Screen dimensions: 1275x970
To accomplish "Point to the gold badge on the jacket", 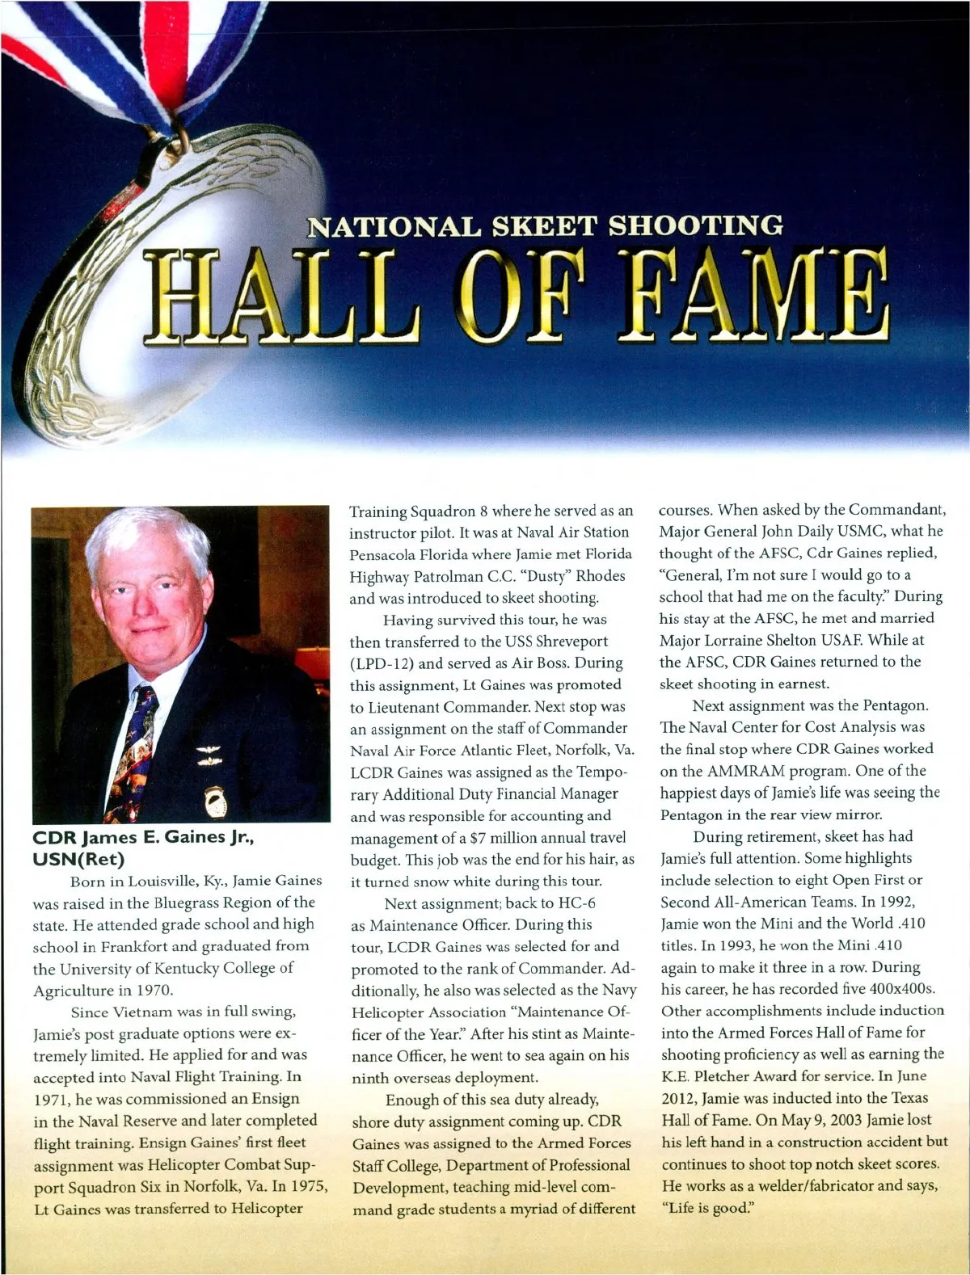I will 217,800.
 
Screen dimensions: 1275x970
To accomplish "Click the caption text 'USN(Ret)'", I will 78,858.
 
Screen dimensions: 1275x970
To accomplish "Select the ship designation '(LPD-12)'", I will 385,663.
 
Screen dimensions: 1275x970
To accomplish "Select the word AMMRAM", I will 739,771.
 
